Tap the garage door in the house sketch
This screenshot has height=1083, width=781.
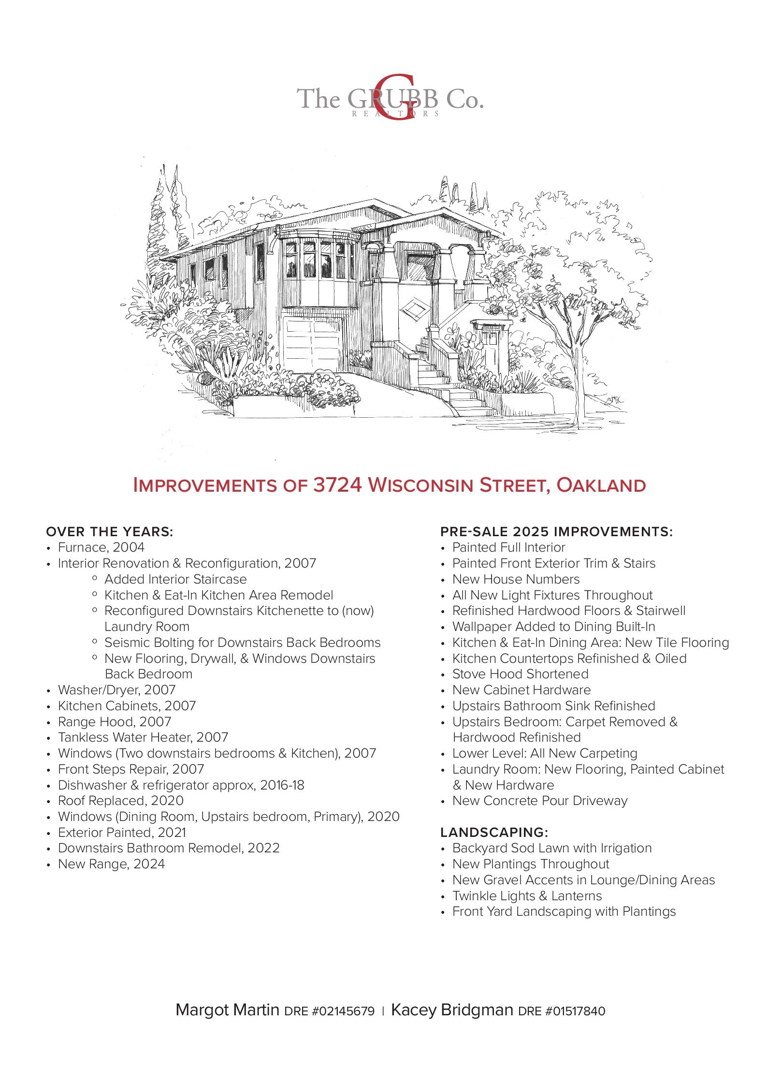313,344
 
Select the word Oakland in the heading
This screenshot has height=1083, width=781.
601,485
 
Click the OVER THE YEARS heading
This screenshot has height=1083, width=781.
110,532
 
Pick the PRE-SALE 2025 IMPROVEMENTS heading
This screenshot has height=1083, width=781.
556,532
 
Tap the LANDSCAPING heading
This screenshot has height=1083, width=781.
494,833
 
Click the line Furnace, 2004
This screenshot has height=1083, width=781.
101,547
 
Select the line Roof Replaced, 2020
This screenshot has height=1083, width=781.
121,801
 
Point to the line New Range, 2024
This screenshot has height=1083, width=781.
111,864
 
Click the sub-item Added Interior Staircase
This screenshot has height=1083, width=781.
175,579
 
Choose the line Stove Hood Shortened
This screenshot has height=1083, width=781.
520,674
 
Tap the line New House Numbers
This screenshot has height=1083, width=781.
516,579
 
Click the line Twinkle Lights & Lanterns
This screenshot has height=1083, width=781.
527,896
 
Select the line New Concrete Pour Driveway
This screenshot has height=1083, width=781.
540,801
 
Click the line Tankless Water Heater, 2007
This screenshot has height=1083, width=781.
143,737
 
